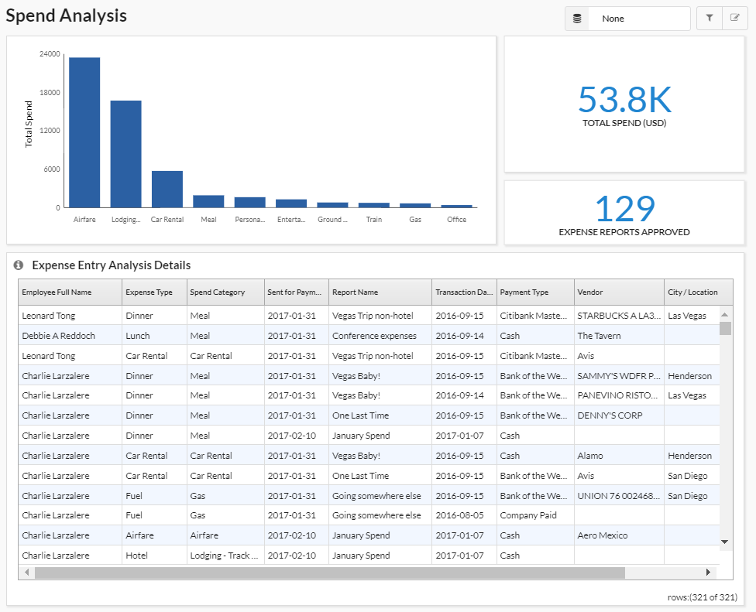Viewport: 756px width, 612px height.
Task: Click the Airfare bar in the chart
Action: point(84,132)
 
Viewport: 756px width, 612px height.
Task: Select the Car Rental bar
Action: point(167,189)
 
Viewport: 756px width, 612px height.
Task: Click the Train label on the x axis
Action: point(374,220)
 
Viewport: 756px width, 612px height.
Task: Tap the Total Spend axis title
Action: point(29,124)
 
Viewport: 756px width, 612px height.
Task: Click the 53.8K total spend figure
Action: point(624,100)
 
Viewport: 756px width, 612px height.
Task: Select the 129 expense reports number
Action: point(624,209)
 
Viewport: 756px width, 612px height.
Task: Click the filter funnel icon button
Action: point(709,18)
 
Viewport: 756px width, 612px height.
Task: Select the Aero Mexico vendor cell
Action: point(602,535)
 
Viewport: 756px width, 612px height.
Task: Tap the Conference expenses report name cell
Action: point(374,336)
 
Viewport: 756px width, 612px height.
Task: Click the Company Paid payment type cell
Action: point(528,515)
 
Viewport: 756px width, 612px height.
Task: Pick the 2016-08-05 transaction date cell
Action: point(459,515)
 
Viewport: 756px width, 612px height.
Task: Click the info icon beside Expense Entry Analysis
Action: point(19,265)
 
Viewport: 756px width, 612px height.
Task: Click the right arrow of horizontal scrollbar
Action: point(708,573)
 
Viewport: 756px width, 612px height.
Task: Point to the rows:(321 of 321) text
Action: point(702,597)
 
